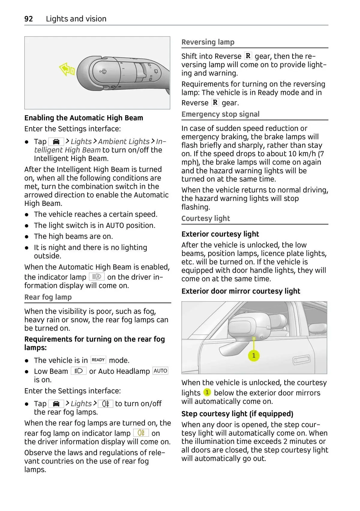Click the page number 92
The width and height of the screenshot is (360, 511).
(x=28, y=19)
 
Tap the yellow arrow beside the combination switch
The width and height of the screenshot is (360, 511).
(x=67, y=70)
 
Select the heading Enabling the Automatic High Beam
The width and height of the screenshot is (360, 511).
(x=84, y=118)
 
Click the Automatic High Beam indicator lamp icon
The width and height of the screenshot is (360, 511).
(x=97, y=277)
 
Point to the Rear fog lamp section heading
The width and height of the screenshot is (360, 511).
(x=48, y=297)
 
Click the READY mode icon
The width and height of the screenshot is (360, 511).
(x=98, y=360)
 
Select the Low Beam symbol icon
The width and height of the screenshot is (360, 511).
(x=79, y=371)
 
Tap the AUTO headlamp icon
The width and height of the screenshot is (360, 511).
(x=160, y=371)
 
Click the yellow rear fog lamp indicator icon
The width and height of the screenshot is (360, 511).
(x=141, y=433)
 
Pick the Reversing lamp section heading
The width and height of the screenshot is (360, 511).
(x=208, y=42)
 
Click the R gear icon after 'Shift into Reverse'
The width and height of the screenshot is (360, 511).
(x=248, y=56)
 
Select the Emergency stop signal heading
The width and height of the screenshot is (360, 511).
(x=220, y=114)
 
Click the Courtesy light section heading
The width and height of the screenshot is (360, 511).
(x=205, y=218)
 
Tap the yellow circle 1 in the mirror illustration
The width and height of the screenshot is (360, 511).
(x=254, y=356)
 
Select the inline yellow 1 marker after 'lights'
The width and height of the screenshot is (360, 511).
(x=207, y=392)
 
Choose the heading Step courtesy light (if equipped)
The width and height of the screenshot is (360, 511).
(x=237, y=414)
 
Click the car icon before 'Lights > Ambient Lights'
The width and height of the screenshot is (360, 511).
(x=56, y=142)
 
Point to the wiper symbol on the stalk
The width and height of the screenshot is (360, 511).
(x=103, y=71)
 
